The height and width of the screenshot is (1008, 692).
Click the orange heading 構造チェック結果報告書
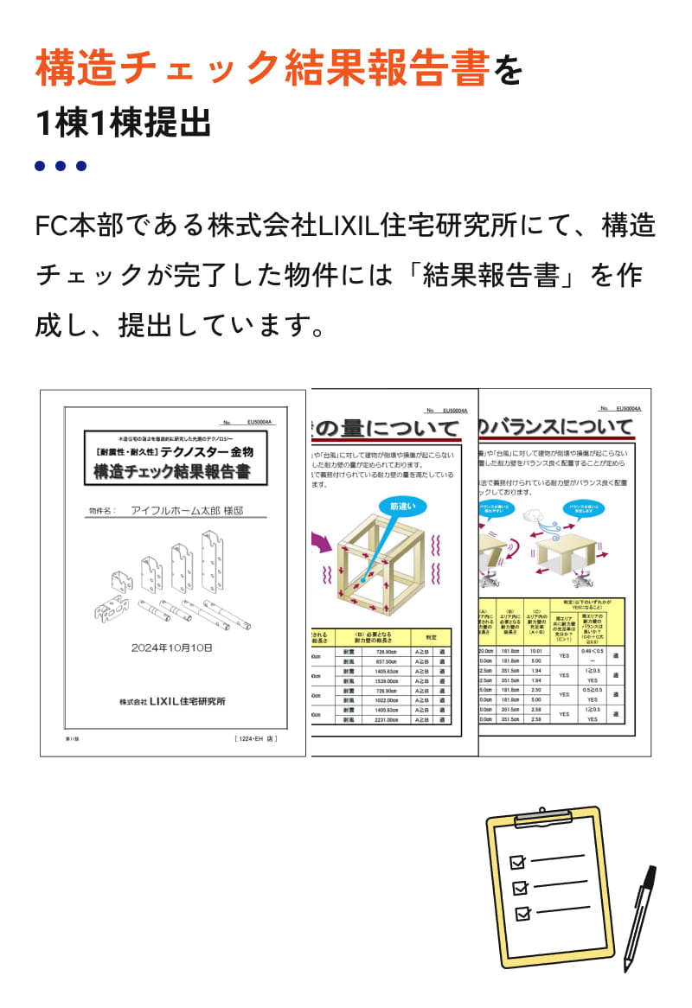coord(263,68)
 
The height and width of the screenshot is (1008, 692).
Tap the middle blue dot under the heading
coord(61,166)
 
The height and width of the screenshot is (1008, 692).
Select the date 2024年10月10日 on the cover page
coord(172,647)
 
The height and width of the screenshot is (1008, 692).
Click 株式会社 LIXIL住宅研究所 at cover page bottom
coord(172,702)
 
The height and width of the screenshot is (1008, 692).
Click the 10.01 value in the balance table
coord(535,650)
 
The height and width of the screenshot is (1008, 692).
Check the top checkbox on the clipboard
coord(518,862)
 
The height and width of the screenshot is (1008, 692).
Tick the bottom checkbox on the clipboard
coord(522,913)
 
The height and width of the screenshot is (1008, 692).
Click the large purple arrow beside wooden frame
coord(322,543)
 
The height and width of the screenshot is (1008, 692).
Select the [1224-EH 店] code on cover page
coord(257,739)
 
